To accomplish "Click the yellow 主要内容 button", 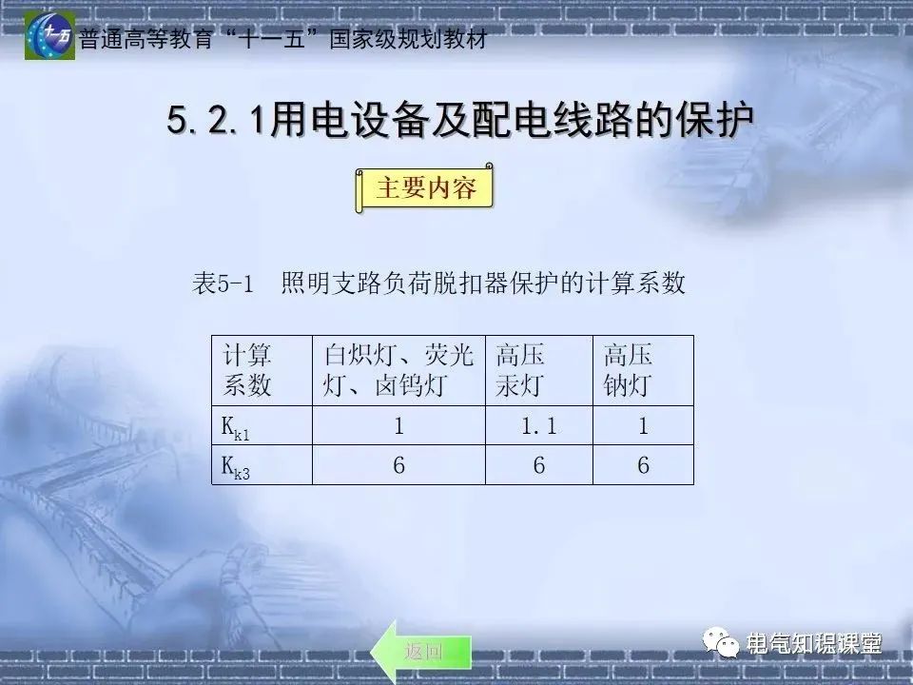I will [x=425, y=188].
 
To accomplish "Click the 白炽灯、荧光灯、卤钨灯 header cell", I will [x=398, y=370].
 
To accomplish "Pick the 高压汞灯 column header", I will [x=520, y=370].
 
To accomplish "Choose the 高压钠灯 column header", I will [x=629, y=370].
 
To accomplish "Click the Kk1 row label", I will [x=235, y=429].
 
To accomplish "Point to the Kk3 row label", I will [x=235, y=467].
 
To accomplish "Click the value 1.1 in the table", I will [x=538, y=427].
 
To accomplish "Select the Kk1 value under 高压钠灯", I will [x=643, y=427].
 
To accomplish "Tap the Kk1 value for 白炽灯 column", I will [x=398, y=427].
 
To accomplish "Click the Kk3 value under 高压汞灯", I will [x=538, y=466].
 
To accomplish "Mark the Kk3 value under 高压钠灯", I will [x=643, y=466].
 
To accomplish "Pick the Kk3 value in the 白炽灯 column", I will [x=398, y=466].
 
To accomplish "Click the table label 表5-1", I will [x=223, y=284].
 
